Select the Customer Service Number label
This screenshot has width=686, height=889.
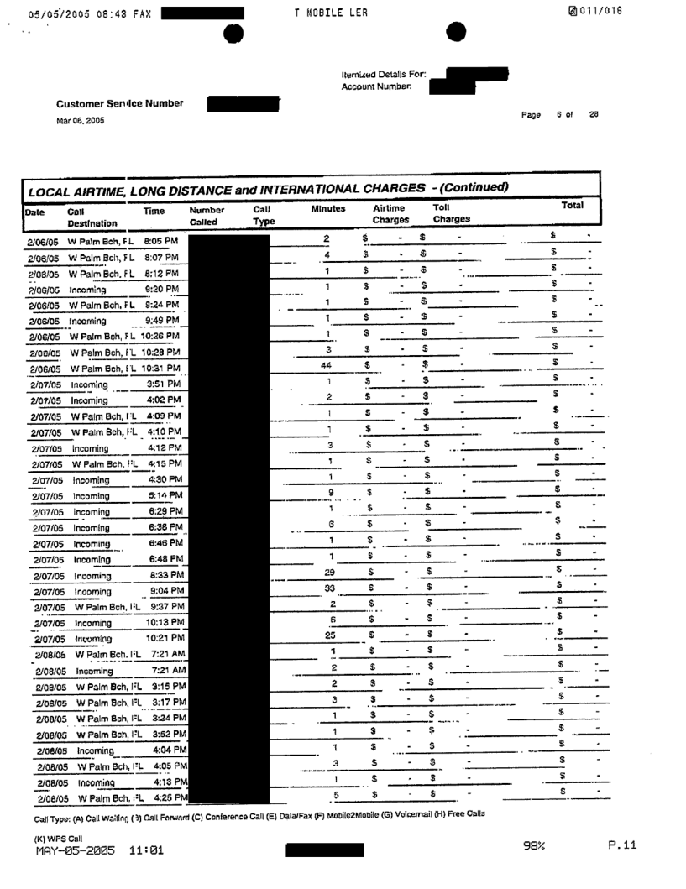(119, 104)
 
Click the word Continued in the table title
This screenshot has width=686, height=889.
(463, 185)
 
